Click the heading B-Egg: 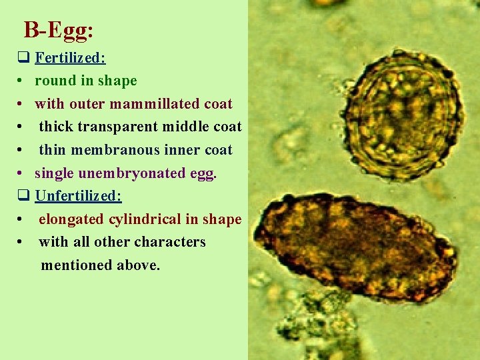(x=58, y=30)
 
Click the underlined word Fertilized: (x=70, y=58)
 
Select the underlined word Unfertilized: (x=78, y=196)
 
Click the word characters (x=173, y=242)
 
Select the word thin (x=52, y=150)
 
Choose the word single (x=54, y=173)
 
